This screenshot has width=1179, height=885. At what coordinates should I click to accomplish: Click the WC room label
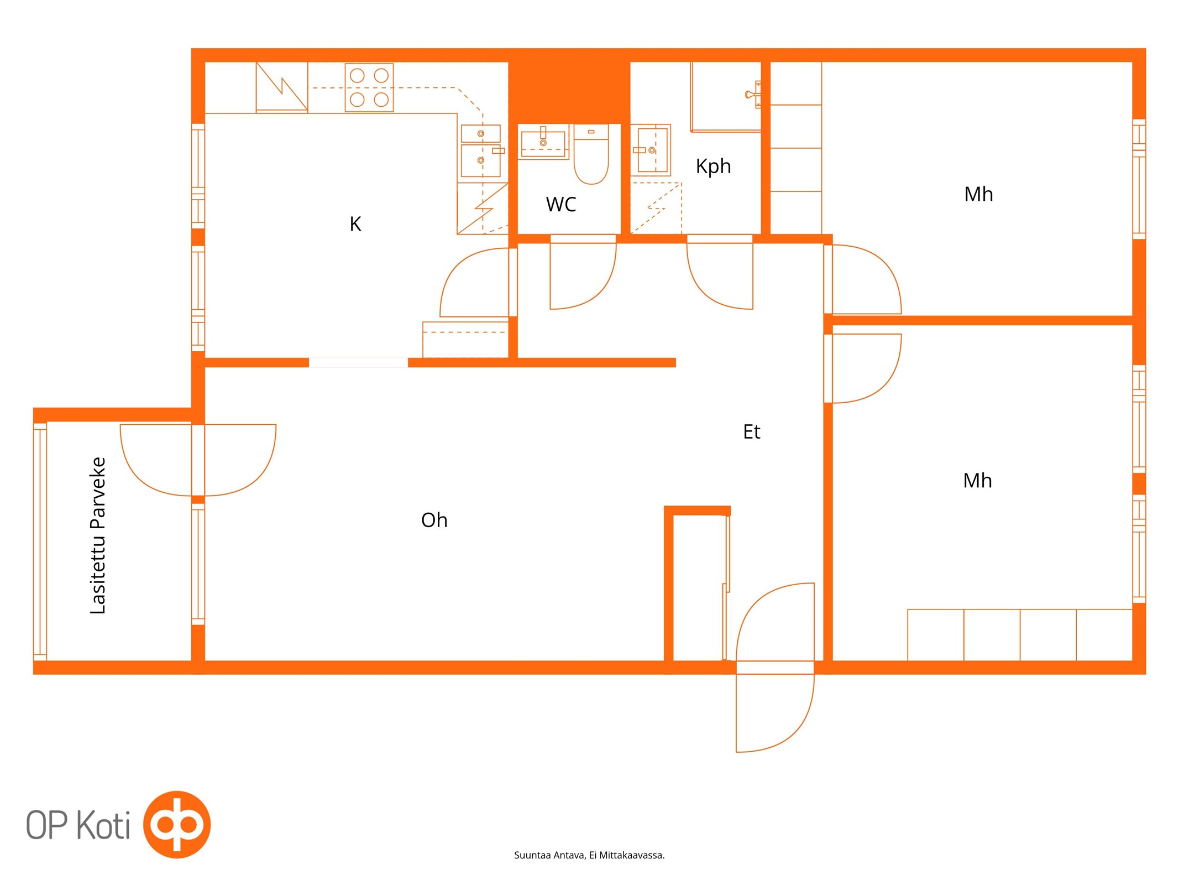pos(560,204)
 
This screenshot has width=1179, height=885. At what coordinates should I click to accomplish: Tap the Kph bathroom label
pos(713,166)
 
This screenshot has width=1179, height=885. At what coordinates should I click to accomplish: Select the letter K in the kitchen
pos(355,224)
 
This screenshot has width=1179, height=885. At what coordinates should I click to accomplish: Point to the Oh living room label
pos(434,520)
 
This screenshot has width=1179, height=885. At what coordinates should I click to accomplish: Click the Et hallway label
pos(751,431)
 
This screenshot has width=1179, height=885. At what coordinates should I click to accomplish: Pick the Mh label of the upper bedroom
pos(978,194)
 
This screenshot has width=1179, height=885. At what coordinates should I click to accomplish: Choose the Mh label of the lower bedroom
pos(977,481)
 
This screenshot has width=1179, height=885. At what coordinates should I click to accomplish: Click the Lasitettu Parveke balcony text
pos(98,535)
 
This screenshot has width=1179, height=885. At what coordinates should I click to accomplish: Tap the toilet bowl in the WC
pos(591,154)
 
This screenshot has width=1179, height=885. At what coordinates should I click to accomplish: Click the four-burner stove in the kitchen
pos(369,87)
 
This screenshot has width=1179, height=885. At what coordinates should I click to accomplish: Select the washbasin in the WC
pos(543,142)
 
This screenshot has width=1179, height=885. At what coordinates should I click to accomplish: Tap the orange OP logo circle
pos(177,824)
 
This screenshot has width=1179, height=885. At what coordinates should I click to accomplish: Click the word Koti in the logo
pos(103,825)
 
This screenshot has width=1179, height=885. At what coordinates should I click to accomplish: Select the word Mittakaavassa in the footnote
pos(632,855)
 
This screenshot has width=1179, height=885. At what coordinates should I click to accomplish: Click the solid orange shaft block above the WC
pos(569,86)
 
